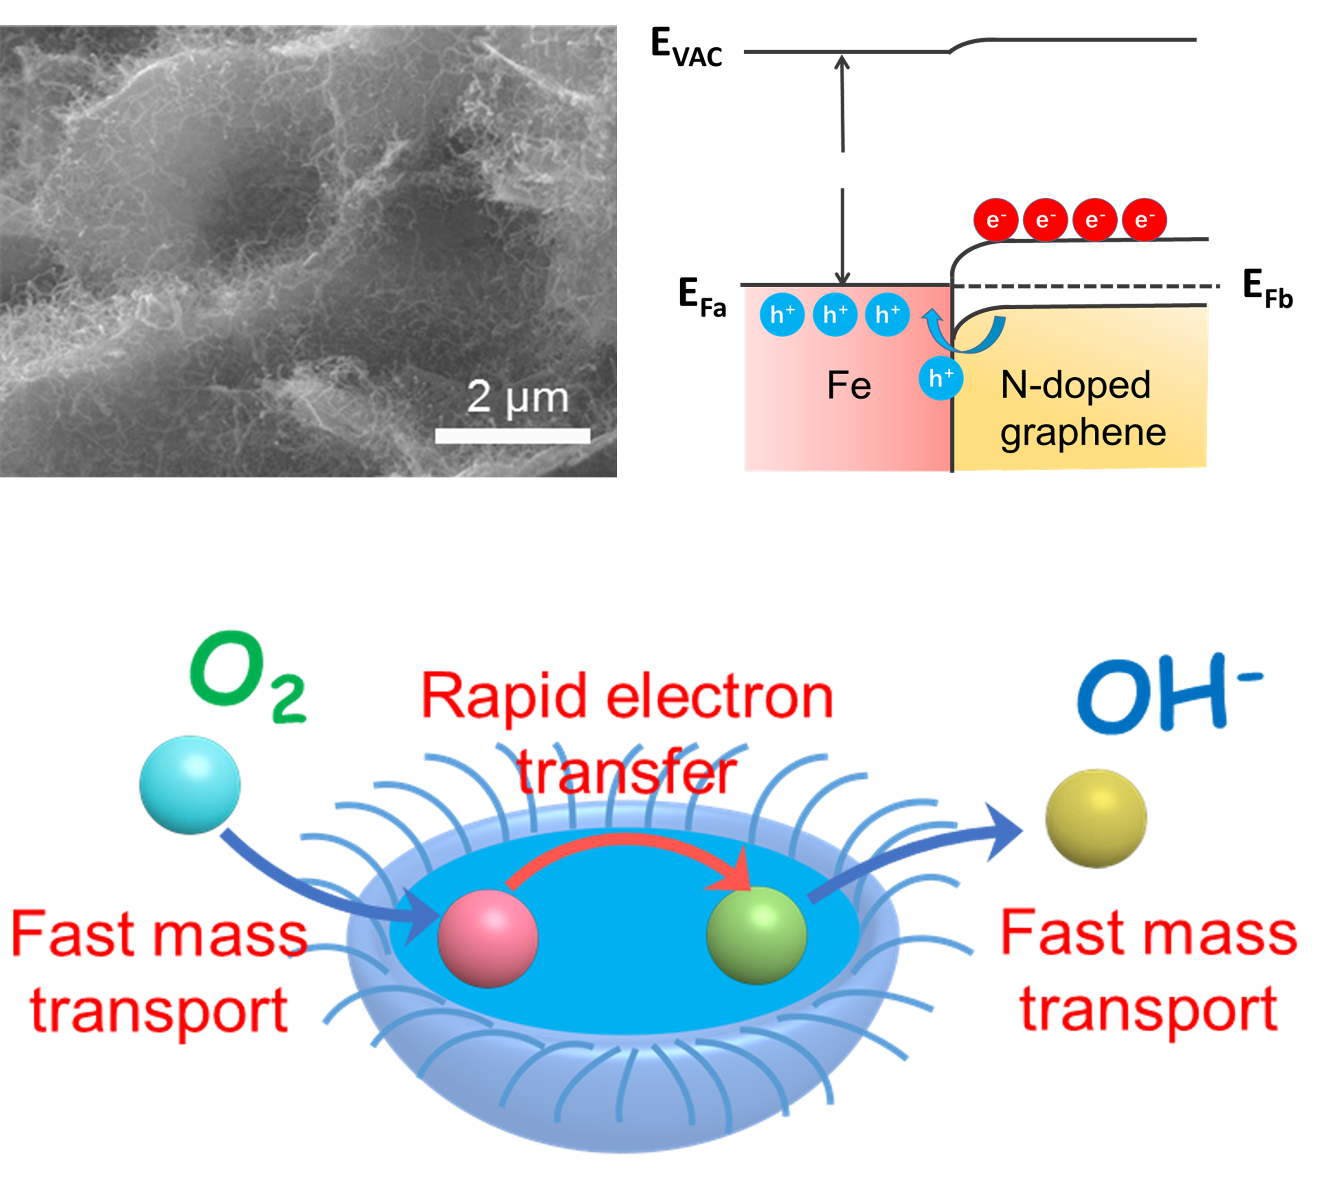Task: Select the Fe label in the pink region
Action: (849, 386)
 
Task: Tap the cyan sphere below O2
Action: (190, 784)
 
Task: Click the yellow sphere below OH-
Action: (1096, 818)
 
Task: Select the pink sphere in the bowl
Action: (488, 938)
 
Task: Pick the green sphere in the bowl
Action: (756, 935)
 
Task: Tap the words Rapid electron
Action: (627, 697)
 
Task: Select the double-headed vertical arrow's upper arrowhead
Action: (842, 63)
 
